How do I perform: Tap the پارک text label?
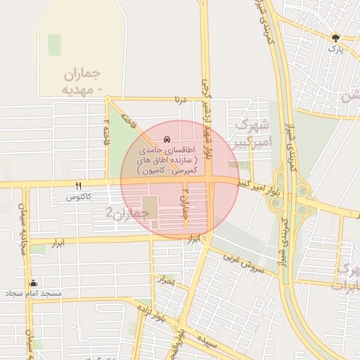click(337, 49)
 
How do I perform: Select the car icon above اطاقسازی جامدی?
click(167, 139)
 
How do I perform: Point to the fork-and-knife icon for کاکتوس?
click(79, 186)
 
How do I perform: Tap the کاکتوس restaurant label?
click(79, 197)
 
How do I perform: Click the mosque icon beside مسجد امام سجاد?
click(33, 283)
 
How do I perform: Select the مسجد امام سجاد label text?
click(34, 292)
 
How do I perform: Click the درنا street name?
click(181, 100)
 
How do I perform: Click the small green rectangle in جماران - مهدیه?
click(54, 45)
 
